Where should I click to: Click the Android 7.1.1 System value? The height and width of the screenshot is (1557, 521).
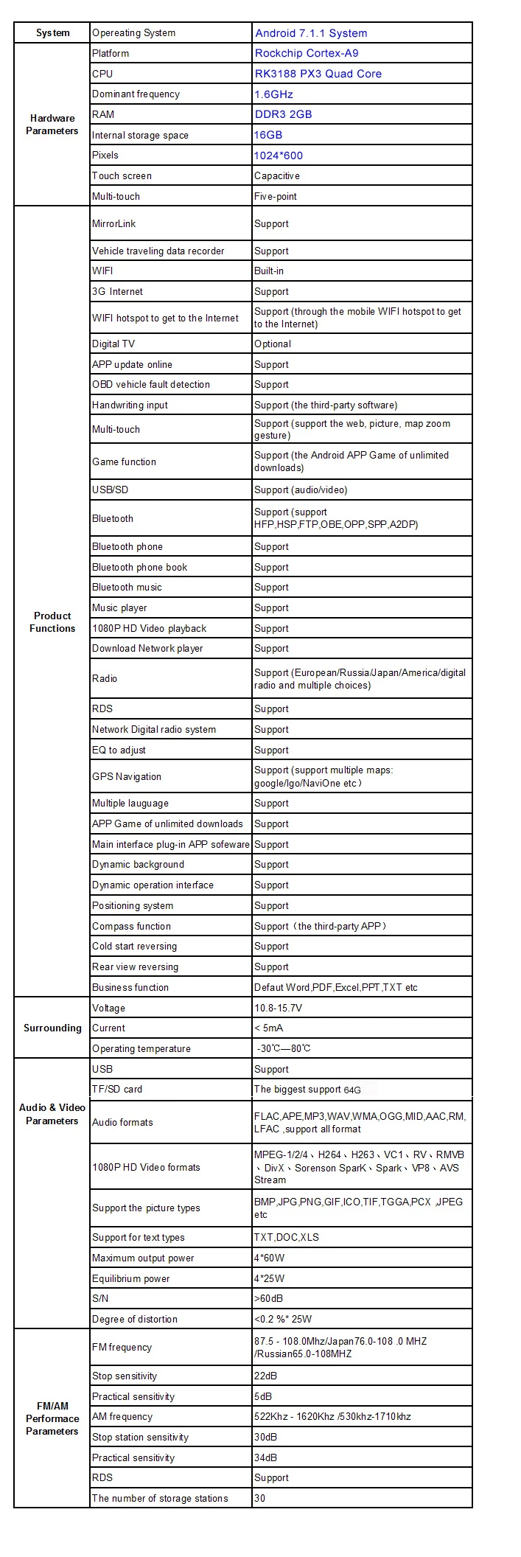click(x=310, y=33)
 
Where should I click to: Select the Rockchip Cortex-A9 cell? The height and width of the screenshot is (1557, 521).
click(x=307, y=53)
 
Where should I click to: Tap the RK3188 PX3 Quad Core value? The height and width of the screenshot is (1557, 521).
click(x=318, y=74)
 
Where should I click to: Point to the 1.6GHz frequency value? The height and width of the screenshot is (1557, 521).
click(x=273, y=94)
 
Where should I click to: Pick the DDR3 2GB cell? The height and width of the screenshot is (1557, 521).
click(x=283, y=114)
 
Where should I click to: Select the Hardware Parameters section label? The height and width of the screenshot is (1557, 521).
click(x=52, y=125)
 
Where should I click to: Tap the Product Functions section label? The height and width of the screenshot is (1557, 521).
click(x=52, y=622)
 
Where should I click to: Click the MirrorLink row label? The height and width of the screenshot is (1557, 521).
click(x=114, y=224)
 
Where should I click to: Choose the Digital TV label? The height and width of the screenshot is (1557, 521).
click(x=113, y=344)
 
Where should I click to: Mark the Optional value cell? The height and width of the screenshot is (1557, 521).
click(x=273, y=344)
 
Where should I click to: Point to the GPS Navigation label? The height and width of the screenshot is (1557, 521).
click(x=127, y=777)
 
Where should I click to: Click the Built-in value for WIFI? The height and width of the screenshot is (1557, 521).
click(x=269, y=271)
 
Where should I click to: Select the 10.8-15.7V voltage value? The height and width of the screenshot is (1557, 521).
click(x=278, y=1009)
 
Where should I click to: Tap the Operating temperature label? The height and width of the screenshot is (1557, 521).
click(x=141, y=1049)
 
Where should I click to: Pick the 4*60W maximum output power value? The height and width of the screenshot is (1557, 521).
click(x=269, y=1258)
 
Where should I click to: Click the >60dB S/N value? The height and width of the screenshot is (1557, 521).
click(x=268, y=1299)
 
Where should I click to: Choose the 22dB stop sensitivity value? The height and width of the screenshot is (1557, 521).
click(x=265, y=1376)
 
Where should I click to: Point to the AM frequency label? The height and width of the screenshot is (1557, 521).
click(x=122, y=1417)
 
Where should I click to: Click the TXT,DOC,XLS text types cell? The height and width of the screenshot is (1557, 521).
click(x=287, y=1238)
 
